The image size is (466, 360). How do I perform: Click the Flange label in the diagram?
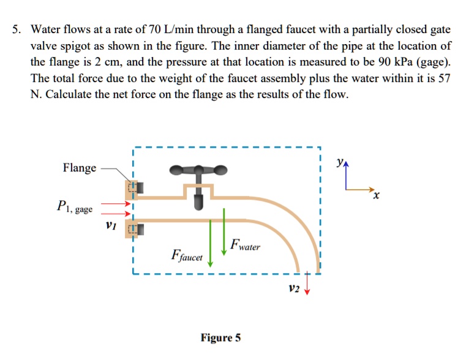(x=79, y=168)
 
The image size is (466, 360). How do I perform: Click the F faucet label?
(x=187, y=255)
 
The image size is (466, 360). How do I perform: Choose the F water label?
(x=245, y=247)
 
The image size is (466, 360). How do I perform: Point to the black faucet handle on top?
(x=198, y=169)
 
